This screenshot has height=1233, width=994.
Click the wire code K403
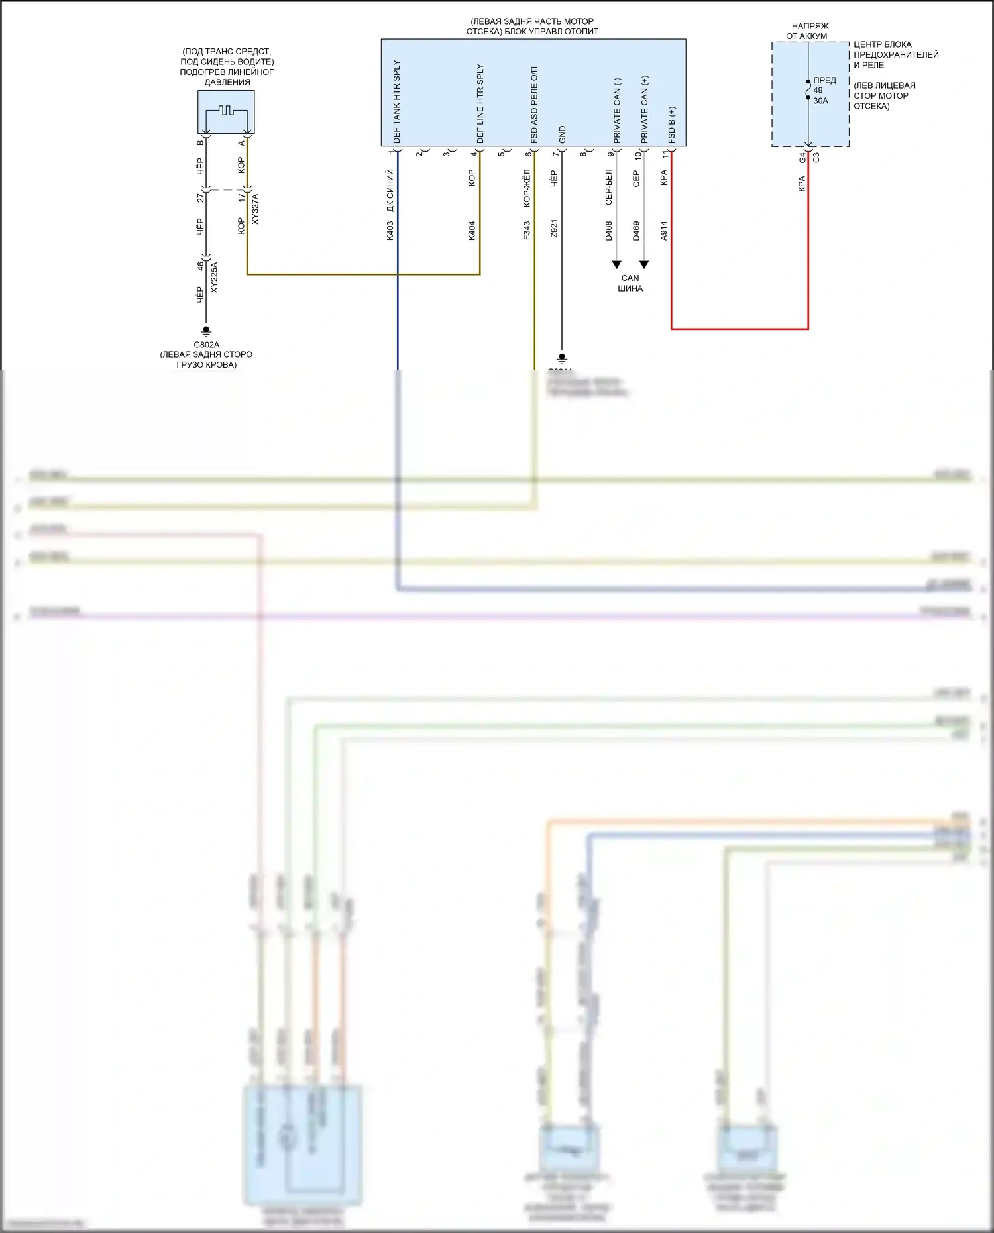(x=390, y=230)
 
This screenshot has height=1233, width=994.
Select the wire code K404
(x=472, y=230)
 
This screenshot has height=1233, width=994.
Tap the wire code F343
(x=527, y=230)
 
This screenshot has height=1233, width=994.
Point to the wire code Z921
(x=554, y=229)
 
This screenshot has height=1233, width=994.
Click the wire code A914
(x=663, y=230)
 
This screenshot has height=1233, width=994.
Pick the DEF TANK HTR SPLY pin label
(x=397, y=101)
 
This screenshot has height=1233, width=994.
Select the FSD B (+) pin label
(x=672, y=125)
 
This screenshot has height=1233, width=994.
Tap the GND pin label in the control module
(x=563, y=134)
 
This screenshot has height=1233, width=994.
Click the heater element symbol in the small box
(x=227, y=111)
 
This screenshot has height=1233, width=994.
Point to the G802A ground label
(x=206, y=345)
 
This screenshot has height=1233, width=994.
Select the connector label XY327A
(x=255, y=209)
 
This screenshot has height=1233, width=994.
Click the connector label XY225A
(x=214, y=278)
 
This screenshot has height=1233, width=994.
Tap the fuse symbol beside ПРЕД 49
(x=808, y=90)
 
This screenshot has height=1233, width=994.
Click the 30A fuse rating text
(x=820, y=101)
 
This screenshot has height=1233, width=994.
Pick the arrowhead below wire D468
(x=616, y=264)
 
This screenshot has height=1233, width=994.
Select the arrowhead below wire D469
(x=644, y=264)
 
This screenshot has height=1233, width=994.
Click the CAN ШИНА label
(x=630, y=283)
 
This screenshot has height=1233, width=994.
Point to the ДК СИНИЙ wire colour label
(x=390, y=190)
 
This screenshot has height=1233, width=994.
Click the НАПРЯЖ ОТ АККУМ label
(x=808, y=30)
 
